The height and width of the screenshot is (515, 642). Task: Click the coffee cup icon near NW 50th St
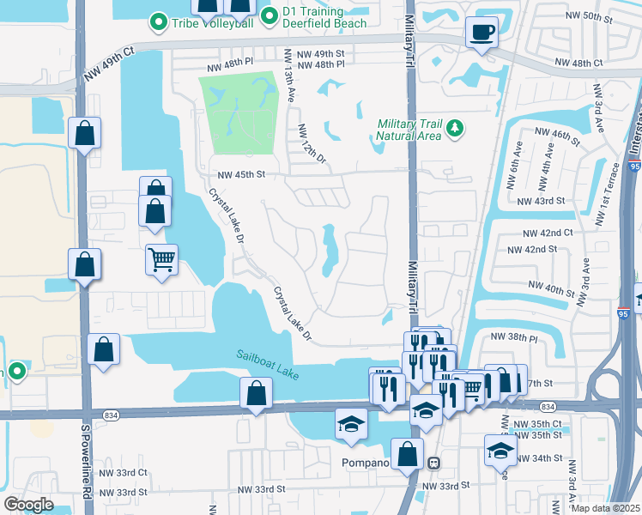coord(481,33)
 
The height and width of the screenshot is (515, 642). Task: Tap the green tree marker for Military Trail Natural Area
coord(454,130)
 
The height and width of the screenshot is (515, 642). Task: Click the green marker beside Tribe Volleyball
coord(158,21)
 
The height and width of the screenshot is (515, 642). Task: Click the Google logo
coord(27,504)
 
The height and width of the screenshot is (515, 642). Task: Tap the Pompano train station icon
coord(434,463)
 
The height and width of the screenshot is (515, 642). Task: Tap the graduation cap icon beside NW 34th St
coord(500,449)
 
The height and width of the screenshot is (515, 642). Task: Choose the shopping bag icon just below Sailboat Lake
coord(257,393)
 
